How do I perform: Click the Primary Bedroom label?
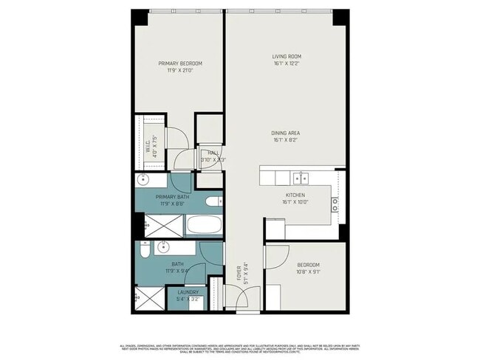click(180, 63)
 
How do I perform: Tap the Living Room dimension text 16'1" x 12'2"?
click(287, 64)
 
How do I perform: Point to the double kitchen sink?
click(300, 178)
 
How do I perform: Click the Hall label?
click(212, 153)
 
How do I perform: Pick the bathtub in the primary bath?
click(202, 225)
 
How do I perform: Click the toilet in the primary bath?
click(212, 201)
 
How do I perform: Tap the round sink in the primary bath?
click(142, 180)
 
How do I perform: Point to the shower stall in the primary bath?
click(150, 225)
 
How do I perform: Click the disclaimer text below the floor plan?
click(239, 347)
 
